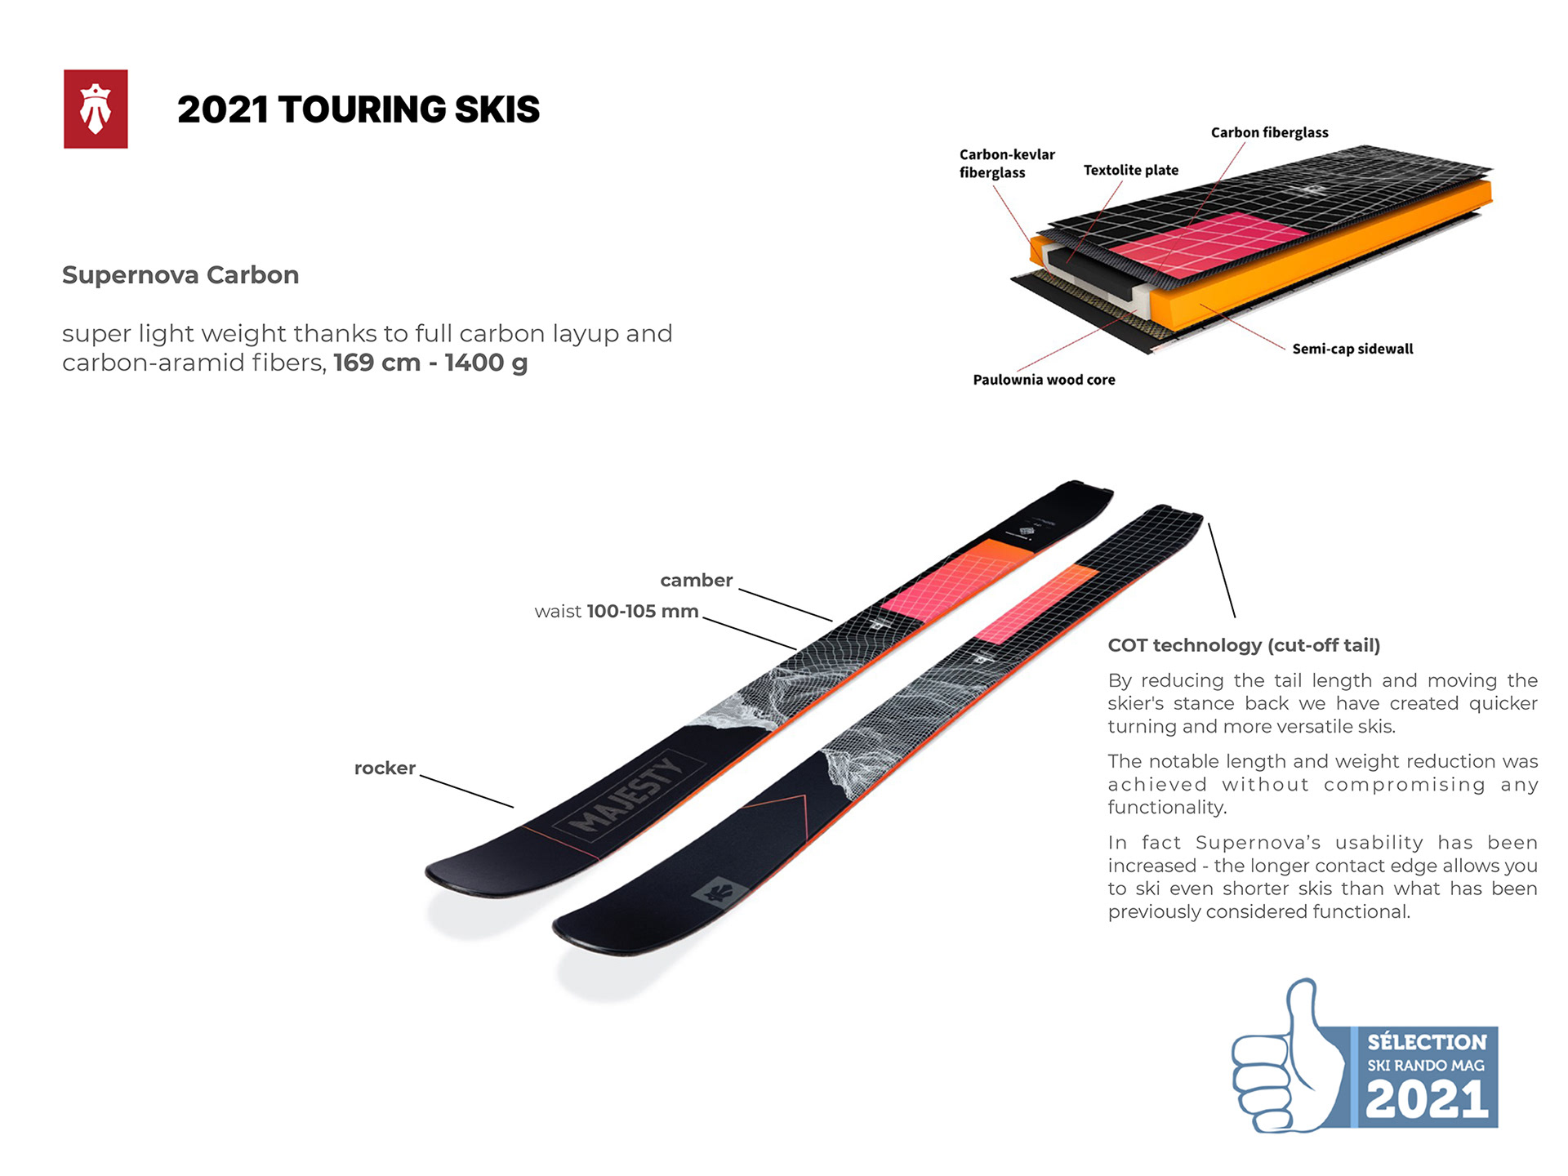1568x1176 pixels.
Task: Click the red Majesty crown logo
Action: coord(96,109)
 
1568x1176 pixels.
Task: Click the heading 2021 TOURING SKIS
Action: coord(359,109)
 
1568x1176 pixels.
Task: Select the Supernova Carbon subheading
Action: coord(180,275)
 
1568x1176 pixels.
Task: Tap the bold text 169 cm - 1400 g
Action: coord(430,363)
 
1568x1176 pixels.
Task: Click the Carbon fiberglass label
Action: coord(1269,132)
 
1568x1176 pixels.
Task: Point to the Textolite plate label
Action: coord(1130,170)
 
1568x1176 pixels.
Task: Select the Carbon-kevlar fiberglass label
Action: coord(1006,163)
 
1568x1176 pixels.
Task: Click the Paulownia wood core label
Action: coord(1044,380)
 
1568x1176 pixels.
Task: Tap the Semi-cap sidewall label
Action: coord(1352,349)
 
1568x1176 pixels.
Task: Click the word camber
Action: coord(696,581)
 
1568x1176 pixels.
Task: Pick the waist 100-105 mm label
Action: coord(617,612)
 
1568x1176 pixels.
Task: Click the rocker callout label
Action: coord(385,768)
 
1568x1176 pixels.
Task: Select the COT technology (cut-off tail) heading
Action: coord(1244,645)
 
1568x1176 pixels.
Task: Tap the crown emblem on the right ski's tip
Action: coord(719,892)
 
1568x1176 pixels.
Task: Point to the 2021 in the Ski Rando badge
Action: coord(1427,1099)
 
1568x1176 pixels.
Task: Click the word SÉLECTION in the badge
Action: coord(1427,1042)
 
